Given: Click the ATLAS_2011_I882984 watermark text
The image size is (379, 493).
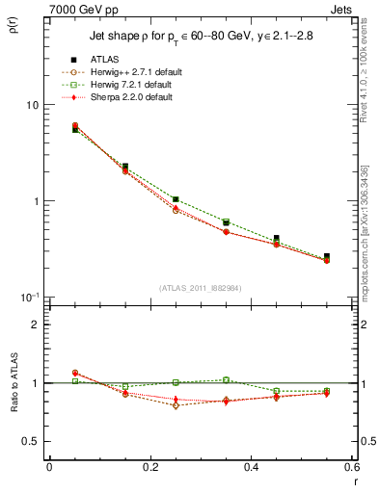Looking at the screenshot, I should point(201,287).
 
